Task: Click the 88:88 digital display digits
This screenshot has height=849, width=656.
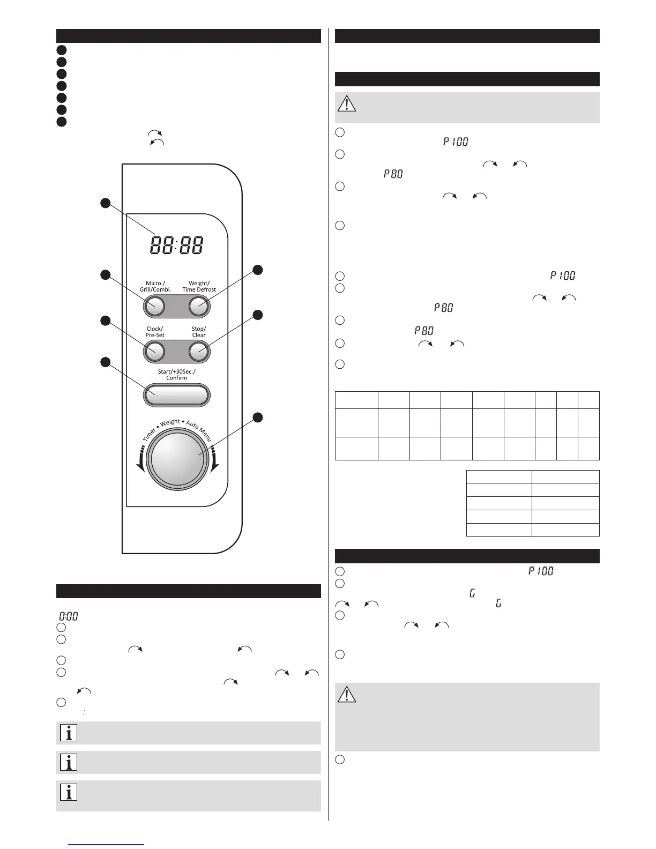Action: click(x=177, y=246)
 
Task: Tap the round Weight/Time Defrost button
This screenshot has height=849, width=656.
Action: click(x=199, y=307)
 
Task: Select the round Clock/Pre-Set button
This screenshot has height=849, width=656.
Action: click(x=154, y=352)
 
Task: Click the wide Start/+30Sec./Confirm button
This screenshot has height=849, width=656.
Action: click(x=176, y=396)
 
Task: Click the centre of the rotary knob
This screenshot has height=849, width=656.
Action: click(x=177, y=457)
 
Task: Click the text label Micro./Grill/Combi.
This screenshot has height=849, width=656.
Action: click(x=155, y=286)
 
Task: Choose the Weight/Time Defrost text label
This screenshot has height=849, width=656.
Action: click(x=199, y=286)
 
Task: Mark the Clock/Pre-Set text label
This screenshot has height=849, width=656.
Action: click(x=154, y=332)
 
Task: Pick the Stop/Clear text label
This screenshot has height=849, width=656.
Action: click(x=199, y=332)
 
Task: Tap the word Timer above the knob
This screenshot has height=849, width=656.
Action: click(x=150, y=434)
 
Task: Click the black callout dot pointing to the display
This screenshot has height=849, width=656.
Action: click(x=106, y=203)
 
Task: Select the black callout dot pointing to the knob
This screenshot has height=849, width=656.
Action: click(x=258, y=418)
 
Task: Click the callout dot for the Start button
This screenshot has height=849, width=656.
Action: click(x=106, y=363)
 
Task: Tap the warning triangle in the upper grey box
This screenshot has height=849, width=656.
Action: click(x=347, y=103)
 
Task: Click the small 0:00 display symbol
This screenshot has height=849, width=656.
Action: click(x=69, y=616)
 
